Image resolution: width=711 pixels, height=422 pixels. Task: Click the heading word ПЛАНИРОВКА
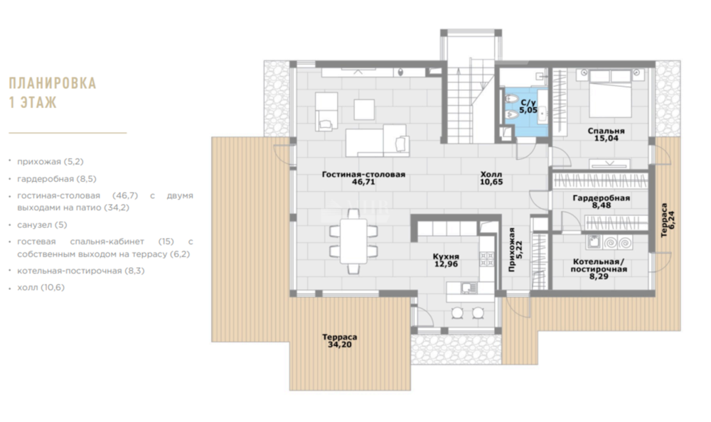53,83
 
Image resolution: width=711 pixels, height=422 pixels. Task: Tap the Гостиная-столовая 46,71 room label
363,178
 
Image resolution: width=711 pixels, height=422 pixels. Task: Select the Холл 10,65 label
491,178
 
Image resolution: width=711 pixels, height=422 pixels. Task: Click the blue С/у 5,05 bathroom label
528,107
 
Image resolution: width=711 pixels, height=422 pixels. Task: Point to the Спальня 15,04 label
606,134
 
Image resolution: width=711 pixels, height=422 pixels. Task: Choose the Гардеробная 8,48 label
602,202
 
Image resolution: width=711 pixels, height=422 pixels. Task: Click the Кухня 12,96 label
447,260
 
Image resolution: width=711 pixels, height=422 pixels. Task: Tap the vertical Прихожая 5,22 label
515,250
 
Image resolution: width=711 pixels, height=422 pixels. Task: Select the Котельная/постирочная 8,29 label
599,269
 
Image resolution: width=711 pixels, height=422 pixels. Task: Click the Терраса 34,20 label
340,341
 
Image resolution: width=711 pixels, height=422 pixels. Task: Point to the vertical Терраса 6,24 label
668,220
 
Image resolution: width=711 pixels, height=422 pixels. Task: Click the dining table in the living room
353,241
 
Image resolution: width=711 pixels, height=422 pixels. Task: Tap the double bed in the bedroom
610,93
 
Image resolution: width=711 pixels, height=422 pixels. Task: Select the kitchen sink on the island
469,288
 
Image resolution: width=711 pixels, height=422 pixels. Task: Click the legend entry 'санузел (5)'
42,224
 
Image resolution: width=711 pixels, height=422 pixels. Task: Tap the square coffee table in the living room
364,109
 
